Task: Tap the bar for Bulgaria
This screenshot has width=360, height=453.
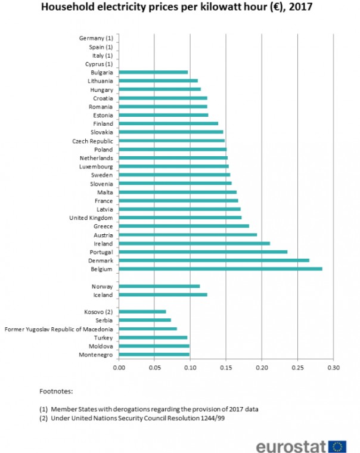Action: tap(153, 72)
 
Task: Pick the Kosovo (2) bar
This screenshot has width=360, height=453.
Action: tap(142, 311)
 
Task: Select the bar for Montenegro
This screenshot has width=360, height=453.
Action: tap(154, 355)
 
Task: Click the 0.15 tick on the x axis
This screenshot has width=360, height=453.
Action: tap(226, 368)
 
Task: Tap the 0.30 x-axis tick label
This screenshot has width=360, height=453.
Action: tap(333, 368)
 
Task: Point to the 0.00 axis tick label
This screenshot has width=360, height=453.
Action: tap(119, 368)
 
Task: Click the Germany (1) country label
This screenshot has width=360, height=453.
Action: tap(96, 38)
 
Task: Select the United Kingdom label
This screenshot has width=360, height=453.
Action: tap(91, 218)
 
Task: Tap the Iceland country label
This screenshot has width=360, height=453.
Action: tap(103, 294)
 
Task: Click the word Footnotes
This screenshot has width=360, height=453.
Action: tap(56, 392)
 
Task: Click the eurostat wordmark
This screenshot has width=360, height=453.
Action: tap(291, 445)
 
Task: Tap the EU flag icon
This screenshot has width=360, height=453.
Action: tap(338, 445)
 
